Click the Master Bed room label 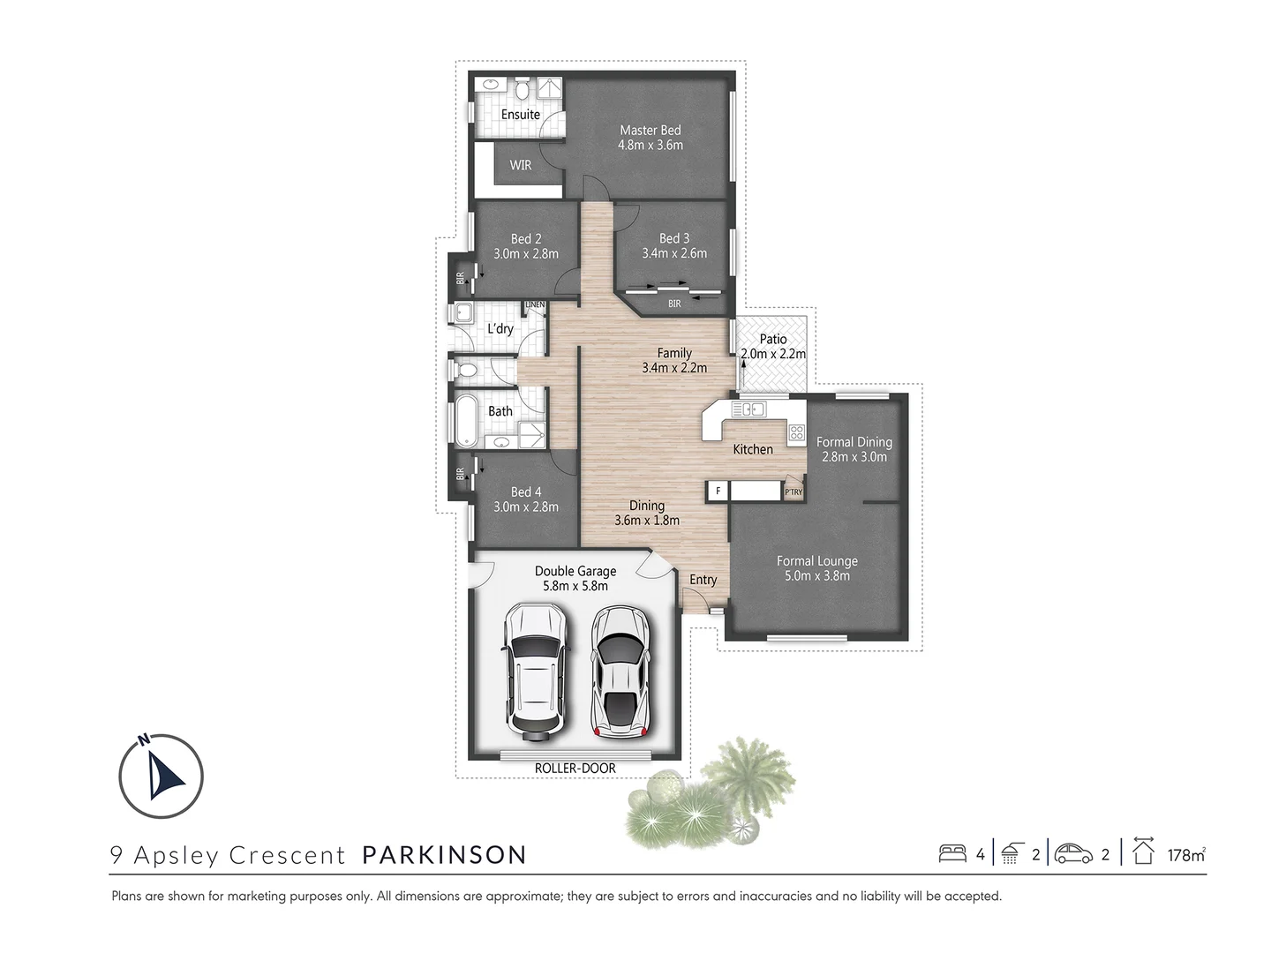coord(651,131)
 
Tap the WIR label coord(521,165)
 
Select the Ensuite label coord(521,115)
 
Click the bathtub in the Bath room coord(464,420)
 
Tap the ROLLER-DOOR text coord(575,768)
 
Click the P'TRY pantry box coord(793,492)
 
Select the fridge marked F coord(718,491)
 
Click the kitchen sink coord(748,409)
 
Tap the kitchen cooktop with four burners coord(796,432)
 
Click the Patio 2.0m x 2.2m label coord(773,346)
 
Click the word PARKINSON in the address coord(445,854)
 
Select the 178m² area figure coord(1186,854)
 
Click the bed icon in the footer coord(952,853)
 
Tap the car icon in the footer coord(1073,853)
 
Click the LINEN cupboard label coord(536,305)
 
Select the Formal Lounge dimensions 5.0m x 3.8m coord(816,575)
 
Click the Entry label coord(703,580)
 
